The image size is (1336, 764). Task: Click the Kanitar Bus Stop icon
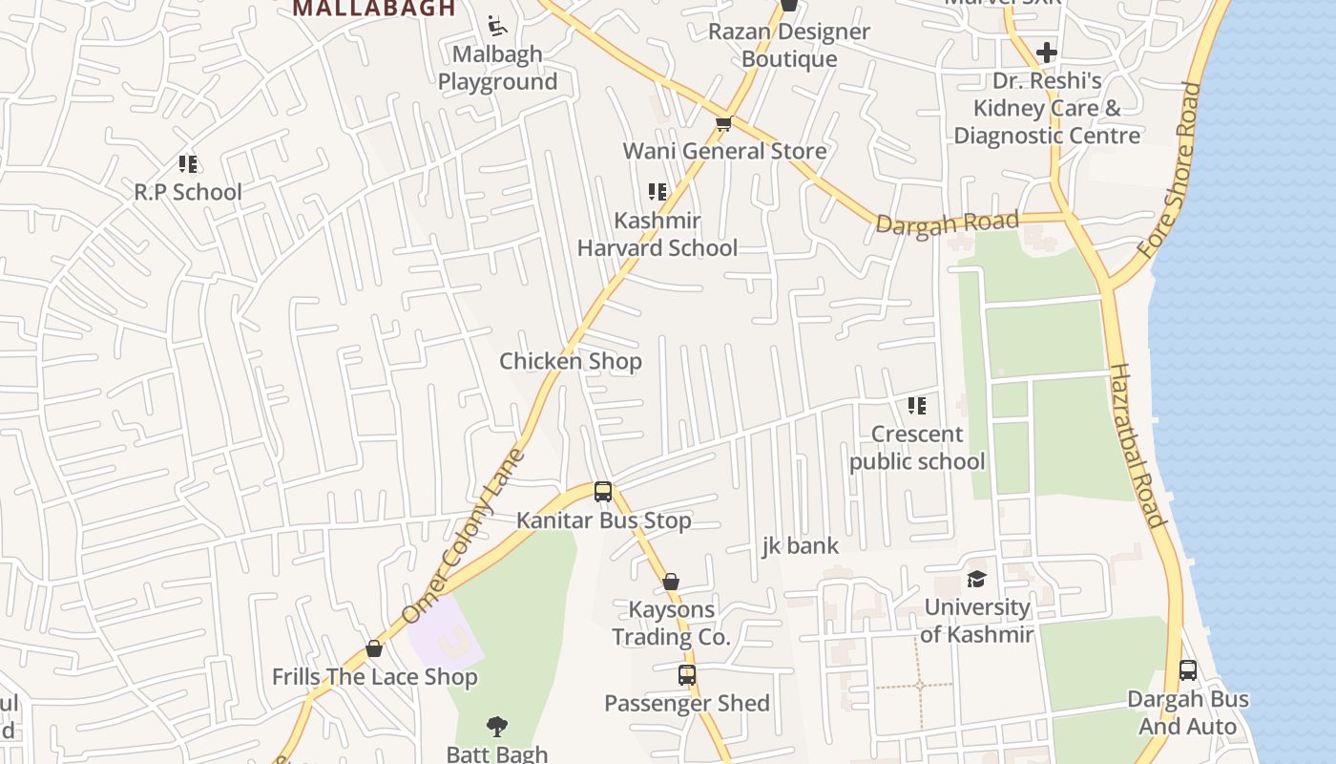coord(602,492)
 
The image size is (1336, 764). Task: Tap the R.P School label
coord(188,192)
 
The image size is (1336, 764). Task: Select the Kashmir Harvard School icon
coord(657,192)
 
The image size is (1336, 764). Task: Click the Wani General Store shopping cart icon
coord(723,123)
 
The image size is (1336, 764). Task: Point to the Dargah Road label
coord(947,223)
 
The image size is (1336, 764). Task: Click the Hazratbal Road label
coord(1137,445)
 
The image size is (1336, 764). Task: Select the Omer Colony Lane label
coord(464,536)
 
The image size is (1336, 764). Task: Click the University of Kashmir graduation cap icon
coord(976,579)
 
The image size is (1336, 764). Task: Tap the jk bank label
coord(800,546)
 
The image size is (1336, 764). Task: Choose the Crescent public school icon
coord(916,406)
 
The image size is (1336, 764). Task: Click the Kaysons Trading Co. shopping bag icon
coord(671,582)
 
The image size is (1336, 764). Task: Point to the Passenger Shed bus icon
coord(686,675)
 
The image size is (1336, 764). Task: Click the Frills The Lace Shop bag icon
coord(374,648)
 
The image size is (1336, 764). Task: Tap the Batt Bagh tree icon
coord(496,727)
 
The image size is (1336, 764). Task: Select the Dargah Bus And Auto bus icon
coord(1187,670)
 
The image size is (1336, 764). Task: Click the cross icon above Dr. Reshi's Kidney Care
coord(1046,52)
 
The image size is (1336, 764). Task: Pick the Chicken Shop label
coord(571,362)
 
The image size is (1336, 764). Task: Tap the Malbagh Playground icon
coord(496,25)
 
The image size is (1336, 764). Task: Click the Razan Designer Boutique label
coord(789,45)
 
